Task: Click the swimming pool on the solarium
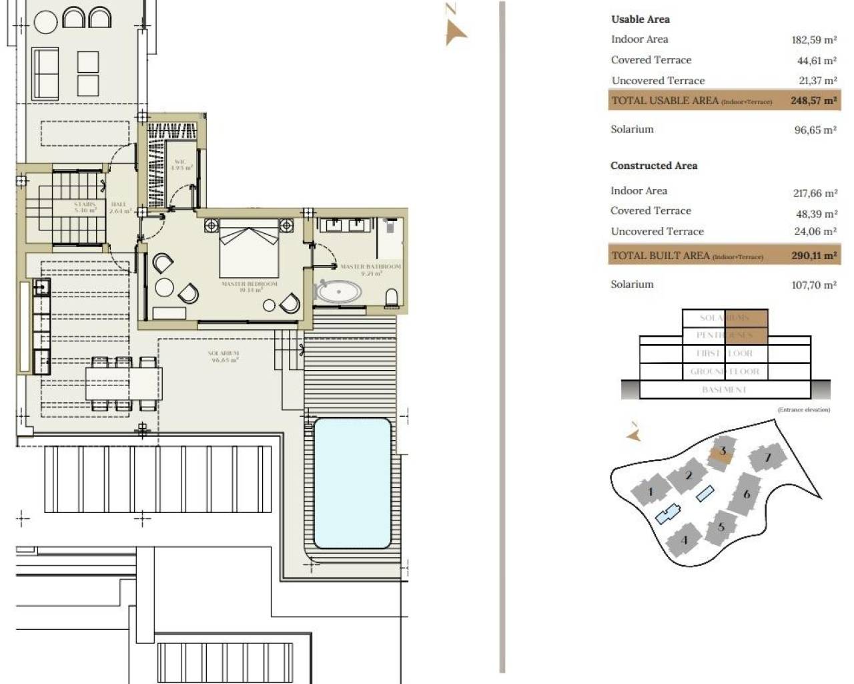tap(352, 482)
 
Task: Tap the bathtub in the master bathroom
tap(338, 292)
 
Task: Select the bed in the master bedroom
tap(249, 250)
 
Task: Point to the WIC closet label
tap(181, 164)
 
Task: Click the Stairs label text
tap(85, 206)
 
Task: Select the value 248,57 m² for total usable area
tap(813, 101)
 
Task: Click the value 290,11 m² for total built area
tap(813, 256)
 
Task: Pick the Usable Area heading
tap(640, 19)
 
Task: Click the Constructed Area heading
tap(653, 166)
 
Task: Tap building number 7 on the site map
tap(767, 458)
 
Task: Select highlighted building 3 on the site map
tap(721, 452)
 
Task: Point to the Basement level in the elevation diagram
tap(724, 389)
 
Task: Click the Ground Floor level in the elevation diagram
tap(724, 371)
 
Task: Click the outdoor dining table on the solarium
tap(123, 384)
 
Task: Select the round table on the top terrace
tap(45, 21)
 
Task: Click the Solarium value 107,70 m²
tap(813, 285)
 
